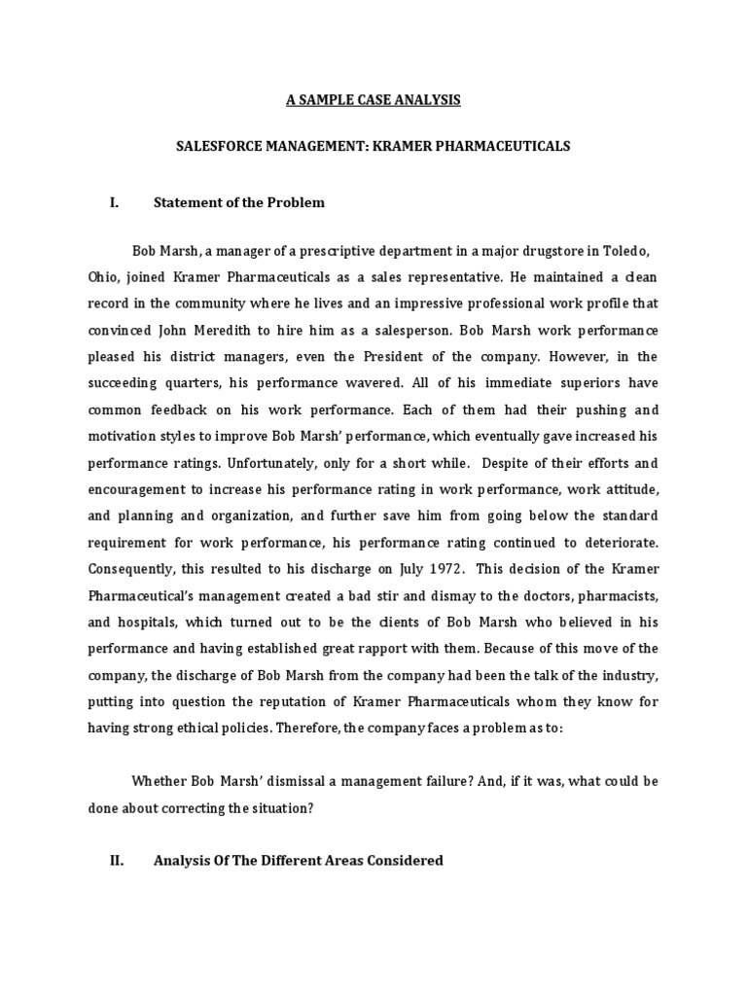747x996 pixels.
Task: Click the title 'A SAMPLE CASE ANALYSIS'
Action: (x=373, y=99)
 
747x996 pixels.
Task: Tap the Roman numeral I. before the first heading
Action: (x=114, y=202)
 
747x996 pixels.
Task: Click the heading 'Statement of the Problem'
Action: (x=239, y=202)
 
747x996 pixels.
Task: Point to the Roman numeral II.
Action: (x=116, y=860)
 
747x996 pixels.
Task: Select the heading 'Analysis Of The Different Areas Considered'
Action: (x=299, y=860)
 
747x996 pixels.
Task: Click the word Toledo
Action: (x=633, y=249)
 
